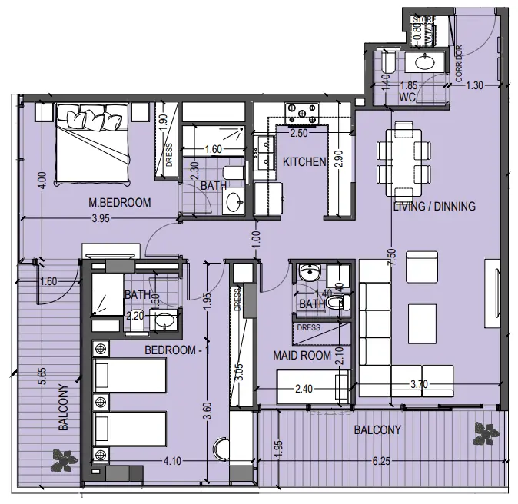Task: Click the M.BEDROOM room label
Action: [119, 203]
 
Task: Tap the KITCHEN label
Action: [305, 162]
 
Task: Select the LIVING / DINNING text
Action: [434, 206]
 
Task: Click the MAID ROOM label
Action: [302, 356]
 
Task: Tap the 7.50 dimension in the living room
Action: [393, 257]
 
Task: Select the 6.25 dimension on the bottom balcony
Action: [382, 463]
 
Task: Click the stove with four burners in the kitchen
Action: [301, 114]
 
